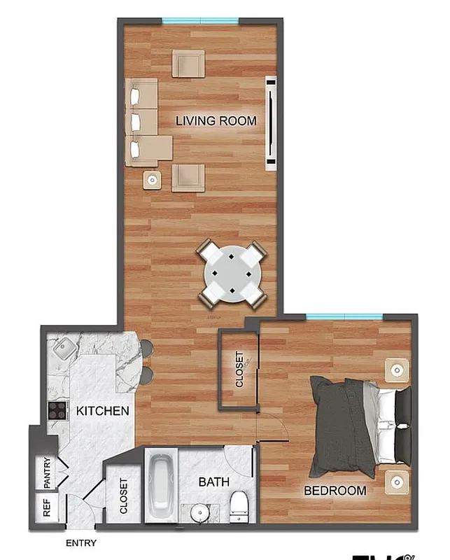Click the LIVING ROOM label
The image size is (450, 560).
tap(216, 120)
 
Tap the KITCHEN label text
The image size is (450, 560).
tap(103, 410)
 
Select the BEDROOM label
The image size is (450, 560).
tap(335, 491)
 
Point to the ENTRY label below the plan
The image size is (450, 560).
tap(81, 543)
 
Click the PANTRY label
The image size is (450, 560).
tap(47, 472)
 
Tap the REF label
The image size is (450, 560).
tap(47, 508)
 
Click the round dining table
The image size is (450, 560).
tap(232, 274)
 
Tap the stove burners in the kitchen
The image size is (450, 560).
tap(57, 409)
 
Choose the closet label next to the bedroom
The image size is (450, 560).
tap(239, 369)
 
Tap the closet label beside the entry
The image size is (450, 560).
tap(124, 496)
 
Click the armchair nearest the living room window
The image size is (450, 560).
tap(188, 64)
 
